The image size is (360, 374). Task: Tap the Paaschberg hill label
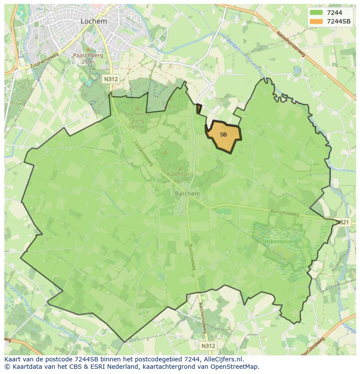pos(87,56)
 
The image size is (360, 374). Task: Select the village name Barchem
pos(187,194)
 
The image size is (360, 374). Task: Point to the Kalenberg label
pos(180,175)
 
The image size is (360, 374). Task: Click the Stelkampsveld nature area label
pos(279,240)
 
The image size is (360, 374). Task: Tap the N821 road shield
pos(342,222)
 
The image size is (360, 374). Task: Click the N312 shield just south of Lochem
pos(110,79)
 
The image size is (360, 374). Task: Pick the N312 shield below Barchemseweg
pos(208,346)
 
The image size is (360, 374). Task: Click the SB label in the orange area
pos(223,135)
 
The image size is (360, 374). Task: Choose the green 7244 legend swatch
pos(316,13)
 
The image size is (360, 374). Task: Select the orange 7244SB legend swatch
pos(316,21)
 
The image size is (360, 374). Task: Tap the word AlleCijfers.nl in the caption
pos(220,359)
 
